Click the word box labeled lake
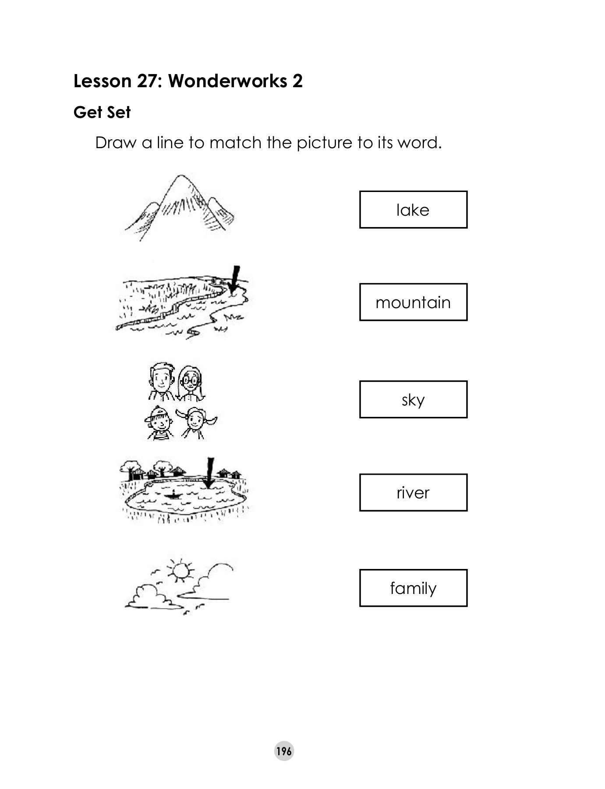coord(413,210)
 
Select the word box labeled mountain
coord(413,302)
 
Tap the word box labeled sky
coord(413,399)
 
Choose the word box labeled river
coord(413,493)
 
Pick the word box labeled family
coord(413,588)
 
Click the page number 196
coord(284,751)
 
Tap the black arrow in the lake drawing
coord(210,473)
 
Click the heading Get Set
coord(102,113)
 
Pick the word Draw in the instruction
coord(116,143)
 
